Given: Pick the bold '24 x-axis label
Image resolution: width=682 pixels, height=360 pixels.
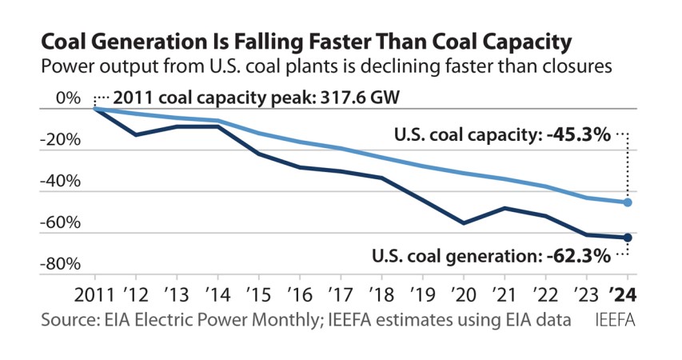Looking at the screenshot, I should pyautogui.click(x=628, y=294).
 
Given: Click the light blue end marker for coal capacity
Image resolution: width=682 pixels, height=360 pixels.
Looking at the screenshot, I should pyautogui.click(x=628, y=202).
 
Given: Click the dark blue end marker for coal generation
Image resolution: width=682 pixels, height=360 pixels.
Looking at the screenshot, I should pyautogui.click(x=628, y=238).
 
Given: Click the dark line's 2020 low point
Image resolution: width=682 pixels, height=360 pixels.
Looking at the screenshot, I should pyautogui.click(x=464, y=223).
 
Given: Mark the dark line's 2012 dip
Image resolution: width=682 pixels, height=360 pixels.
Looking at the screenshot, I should pyautogui.click(x=136, y=134).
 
